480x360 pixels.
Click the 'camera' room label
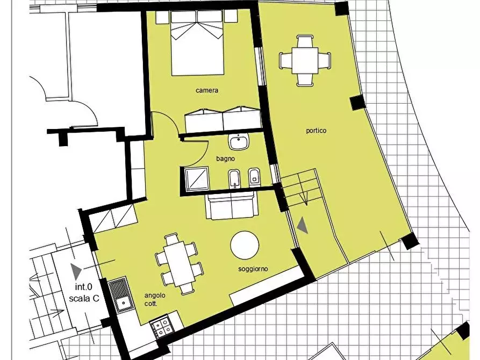pyautogui.click(x=207, y=90)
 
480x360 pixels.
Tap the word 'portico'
pyautogui.click(x=316, y=131)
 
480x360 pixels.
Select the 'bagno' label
pyautogui.click(x=226, y=159)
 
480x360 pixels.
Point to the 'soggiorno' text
pyautogui.click(x=253, y=269)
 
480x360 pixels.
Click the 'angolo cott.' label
pyautogui.click(x=155, y=299)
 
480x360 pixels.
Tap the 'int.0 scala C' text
pyautogui.click(x=84, y=292)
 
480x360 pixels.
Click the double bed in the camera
pyautogui.click(x=197, y=43)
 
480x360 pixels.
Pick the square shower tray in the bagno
pyautogui.click(x=197, y=179)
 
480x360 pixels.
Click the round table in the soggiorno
pyautogui.click(x=245, y=245)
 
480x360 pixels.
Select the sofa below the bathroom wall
pyautogui.click(x=232, y=206)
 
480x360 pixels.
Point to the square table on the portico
pyautogui.click(x=305, y=61)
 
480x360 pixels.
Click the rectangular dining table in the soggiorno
pyautogui.click(x=180, y=264)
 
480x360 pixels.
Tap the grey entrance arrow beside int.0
pyautogui.click(x=76, y=271)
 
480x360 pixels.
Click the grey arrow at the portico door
pyautogui.click(x=303, y=225)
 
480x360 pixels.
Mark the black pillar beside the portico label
pyautogui.click(x=358, y=103)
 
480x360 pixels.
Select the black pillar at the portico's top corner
pyautogui.click(x=342, y=8)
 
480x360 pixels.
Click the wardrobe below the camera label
pyautogui.click(x=223, y=119)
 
